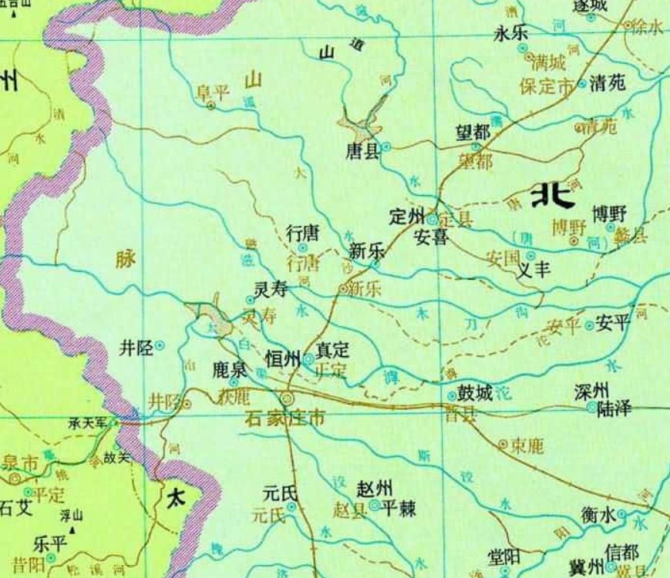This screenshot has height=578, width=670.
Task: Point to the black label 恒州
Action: [x=281, y=358]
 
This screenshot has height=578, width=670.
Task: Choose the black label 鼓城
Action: [x=475, y=393]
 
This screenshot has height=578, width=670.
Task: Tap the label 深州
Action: [x=592, y=391]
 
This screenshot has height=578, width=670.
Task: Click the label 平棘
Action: [x=399, y=509]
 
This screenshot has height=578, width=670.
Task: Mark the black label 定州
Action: [x=407, y=217]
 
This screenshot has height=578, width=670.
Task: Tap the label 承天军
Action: [x=86, y=424]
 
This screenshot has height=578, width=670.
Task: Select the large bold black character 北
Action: [x=553, y=194]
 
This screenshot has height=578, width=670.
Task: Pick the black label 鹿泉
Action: [x=229, y=369]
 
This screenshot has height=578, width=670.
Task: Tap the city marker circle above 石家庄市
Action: [x=288, y=398]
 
